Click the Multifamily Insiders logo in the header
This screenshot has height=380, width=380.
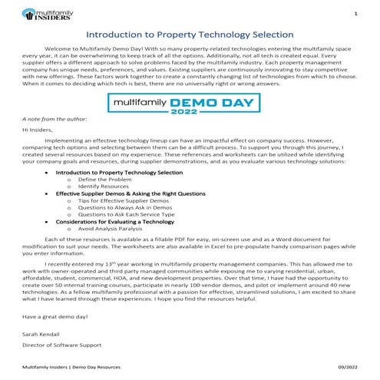coord(43,13)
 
